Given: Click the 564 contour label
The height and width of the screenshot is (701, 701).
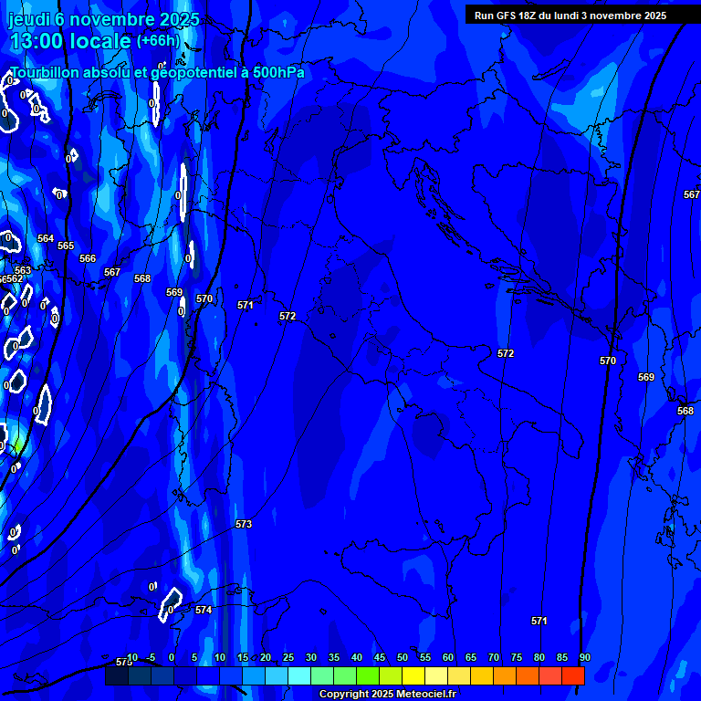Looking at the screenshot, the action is [46, 238].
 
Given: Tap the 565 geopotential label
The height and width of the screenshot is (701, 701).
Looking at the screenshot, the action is [66, 246].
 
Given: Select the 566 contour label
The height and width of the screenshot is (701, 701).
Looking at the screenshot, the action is [88, 258].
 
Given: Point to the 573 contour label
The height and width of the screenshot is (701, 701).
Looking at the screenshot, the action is [244, 524].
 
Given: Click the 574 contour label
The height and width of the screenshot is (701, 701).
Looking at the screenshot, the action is [204, 610].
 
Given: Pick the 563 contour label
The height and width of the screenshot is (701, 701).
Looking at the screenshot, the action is [23, 270].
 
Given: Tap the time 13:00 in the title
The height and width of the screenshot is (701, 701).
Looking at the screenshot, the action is [43, 42].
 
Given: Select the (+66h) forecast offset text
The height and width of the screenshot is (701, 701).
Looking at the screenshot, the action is [158, 41].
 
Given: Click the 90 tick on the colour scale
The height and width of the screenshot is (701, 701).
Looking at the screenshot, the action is [584, 657].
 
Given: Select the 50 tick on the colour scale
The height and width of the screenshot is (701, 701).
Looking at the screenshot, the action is [402, 657].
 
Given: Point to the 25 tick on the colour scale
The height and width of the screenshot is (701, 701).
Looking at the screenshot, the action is [288, 657].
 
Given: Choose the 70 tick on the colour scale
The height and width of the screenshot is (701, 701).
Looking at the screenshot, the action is [493, 657].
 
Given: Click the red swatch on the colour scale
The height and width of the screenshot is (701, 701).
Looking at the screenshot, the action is [573, 675].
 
